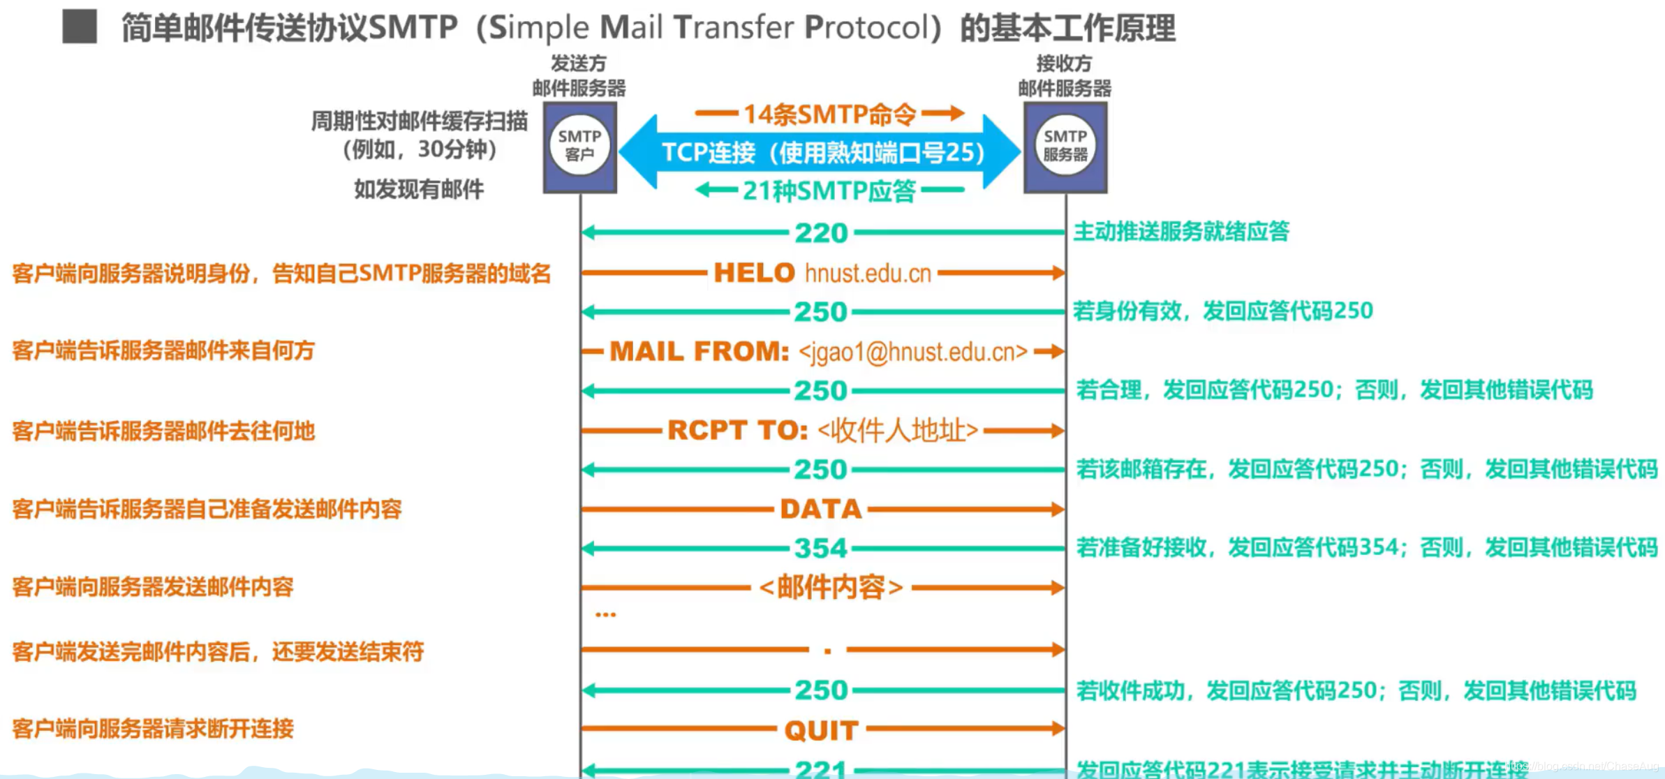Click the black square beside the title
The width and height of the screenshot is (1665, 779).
click(x=80, y=27)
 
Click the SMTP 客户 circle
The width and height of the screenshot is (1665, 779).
click(x=579, y=145)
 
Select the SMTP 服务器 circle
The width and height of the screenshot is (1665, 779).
click(x=1065, y=145)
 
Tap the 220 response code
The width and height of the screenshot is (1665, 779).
click(x=821, y=233)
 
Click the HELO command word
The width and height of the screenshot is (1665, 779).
click(x=754, y=273)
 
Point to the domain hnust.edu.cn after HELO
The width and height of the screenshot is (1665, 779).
click(x=868, y=274)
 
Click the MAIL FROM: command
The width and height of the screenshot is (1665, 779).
click(x=700, y=351)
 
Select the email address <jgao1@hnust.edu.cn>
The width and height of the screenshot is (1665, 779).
click(x=913, y=352)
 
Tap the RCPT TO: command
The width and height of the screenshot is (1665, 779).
click(x=737, y=431)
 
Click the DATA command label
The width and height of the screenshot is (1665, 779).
click(x=821, y=510)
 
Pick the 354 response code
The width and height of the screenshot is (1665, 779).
click(x=821, y=549)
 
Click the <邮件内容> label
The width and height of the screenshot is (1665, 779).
click(x=831, y=588)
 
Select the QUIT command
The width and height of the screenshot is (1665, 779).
click(x=821, y=730)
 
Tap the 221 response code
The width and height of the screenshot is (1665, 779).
click(x=821, y=769)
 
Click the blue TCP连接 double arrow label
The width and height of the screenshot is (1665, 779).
click(x=822, y=152)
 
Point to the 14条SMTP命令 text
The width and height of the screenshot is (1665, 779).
click(x=829, y=114)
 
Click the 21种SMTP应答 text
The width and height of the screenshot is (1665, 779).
click(x=829, y=191)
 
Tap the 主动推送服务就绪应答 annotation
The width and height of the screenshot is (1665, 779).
click(x=1181, y=232)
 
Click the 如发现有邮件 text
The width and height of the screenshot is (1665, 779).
click(x=419, y=189)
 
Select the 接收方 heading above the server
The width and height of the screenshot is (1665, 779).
click(x=1064, y=64)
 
